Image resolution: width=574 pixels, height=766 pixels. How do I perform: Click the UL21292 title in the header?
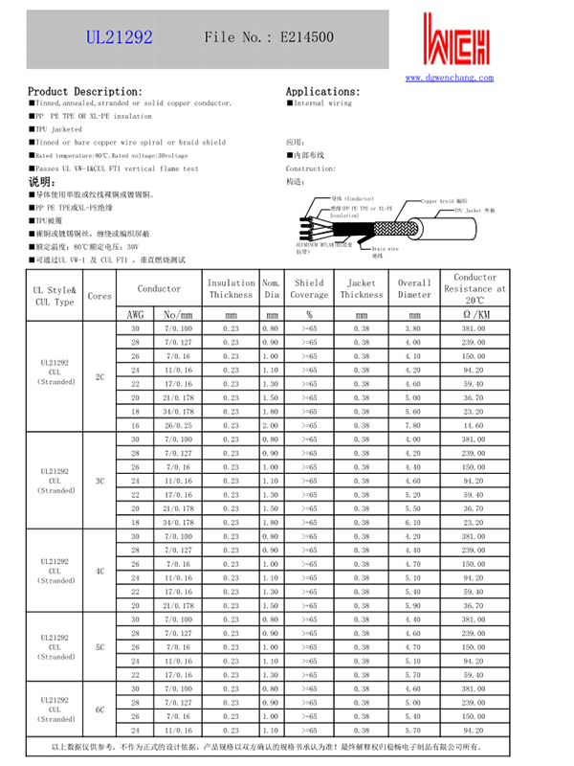point(119,37)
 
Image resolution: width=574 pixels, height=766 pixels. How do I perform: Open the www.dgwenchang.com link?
point(450,78)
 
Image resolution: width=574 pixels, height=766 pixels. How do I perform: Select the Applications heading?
point(323,91)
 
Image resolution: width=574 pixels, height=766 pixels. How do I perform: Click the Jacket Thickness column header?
point(362,288)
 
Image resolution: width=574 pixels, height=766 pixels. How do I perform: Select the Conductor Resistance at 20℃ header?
point(475,288)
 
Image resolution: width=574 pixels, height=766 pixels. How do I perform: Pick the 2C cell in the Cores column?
point(99,376)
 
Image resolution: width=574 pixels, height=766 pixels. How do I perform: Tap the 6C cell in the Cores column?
point(99,710)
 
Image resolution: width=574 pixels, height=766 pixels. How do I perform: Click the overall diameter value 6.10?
point(412,523)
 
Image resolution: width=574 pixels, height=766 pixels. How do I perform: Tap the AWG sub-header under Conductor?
point(134,314)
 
